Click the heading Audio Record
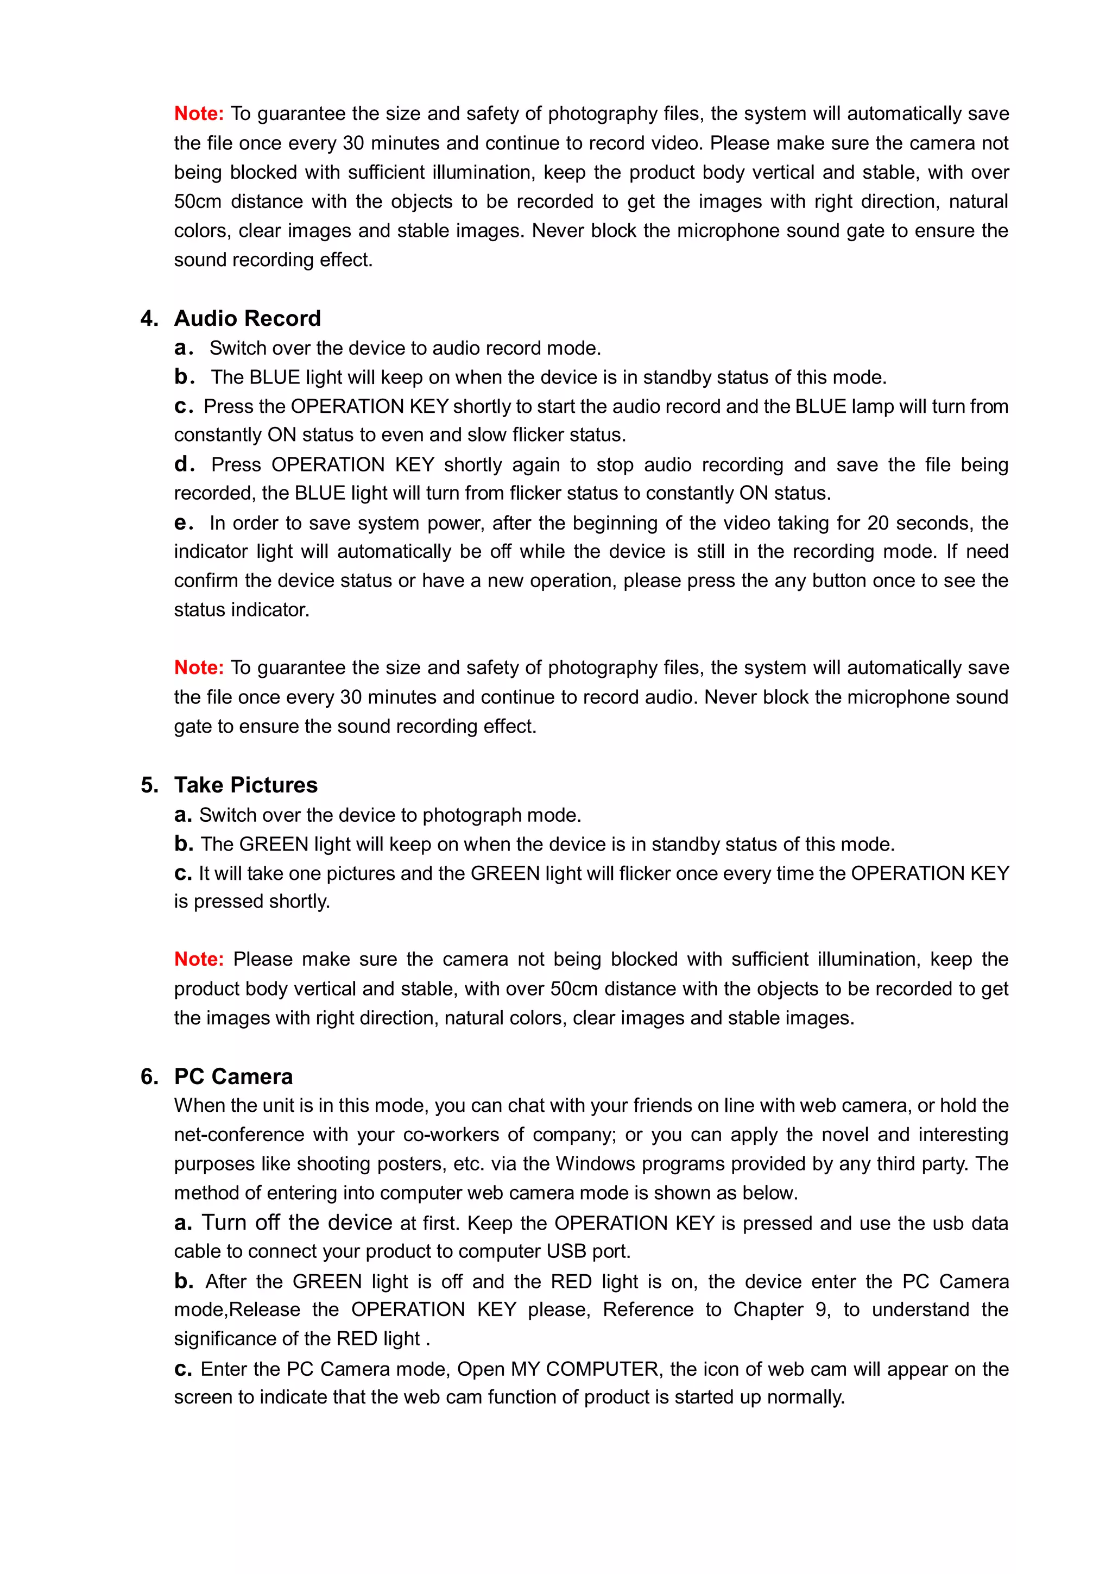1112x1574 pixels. coord(248,318)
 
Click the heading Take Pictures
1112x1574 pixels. coord(245,785)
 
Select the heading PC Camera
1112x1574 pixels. coord(233,1076)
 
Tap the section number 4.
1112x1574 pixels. coord(149,318)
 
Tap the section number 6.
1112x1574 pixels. coord(149,1076)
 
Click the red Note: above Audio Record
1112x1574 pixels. coord(199,113)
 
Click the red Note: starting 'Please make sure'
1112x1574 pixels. coord(199,959)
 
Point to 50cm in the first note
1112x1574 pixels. coord(197,202)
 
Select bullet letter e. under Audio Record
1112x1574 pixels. coord(183,523)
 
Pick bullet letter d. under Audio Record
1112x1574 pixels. coord(183,465)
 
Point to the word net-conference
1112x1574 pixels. coord(238,1135)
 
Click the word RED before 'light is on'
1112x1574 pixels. coord(571,1281)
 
